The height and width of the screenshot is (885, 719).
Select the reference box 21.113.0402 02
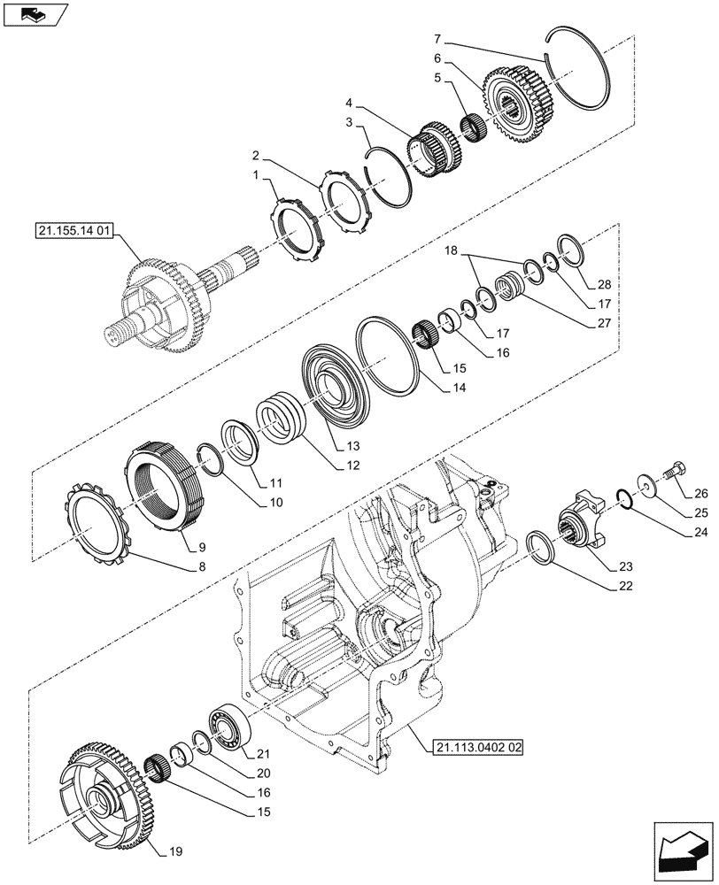pyautogui.click(x=479, y=748)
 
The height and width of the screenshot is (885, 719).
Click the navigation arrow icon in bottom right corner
pyautogui.click(x=683, y=848)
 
